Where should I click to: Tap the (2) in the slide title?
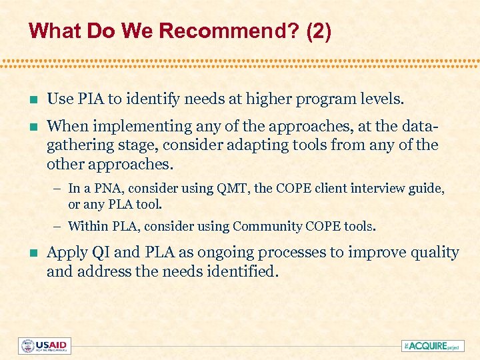click(x=318, y=31)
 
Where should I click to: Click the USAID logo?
click(x=45, y=345)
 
